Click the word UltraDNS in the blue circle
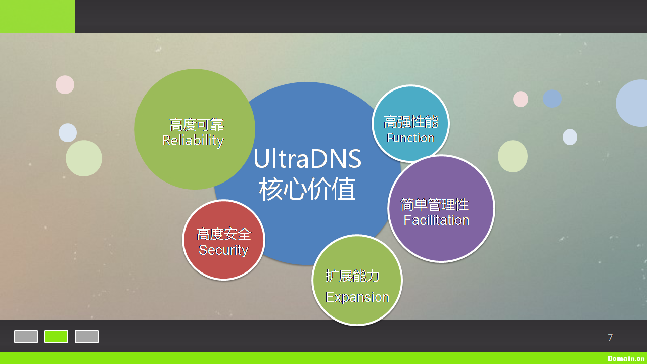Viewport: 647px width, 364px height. coord(307,159)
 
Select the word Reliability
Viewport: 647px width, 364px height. coord(193,140)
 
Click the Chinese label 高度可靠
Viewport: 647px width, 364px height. coord(196,124)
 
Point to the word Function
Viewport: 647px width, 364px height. coord(410,138)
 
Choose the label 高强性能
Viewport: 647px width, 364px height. coord(410,122)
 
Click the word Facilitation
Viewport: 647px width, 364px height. coord(436,220)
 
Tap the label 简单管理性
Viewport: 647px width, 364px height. coord(435,204)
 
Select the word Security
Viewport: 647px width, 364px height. coord(223,250)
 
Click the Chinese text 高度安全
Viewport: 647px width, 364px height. coord(223,234)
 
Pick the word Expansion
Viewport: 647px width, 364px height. coord(357,297)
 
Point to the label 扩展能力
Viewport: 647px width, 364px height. coord(352,276)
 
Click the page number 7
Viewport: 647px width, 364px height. coord(610,337)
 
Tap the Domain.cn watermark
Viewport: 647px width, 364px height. coord(626,358)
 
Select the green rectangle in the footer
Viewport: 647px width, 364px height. coord(56,336)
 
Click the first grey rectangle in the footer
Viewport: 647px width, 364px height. coord(26,336)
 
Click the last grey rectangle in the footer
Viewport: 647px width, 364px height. coord(86,336)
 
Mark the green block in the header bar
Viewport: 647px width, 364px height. coord(37,16)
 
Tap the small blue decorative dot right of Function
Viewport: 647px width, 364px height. coord(552,99)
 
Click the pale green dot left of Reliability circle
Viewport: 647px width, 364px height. coord(84,158)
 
